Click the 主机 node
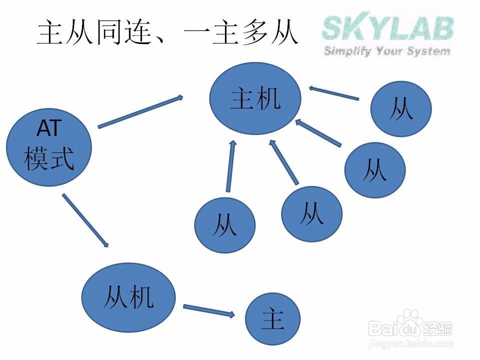255,99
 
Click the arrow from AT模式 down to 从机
85,220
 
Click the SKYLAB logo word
387,28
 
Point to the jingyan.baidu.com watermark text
410,344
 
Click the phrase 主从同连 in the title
93,33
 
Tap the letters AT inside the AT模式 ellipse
48,129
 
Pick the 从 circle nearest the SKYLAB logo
401,109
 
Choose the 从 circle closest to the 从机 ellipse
224,225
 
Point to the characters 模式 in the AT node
48,159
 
